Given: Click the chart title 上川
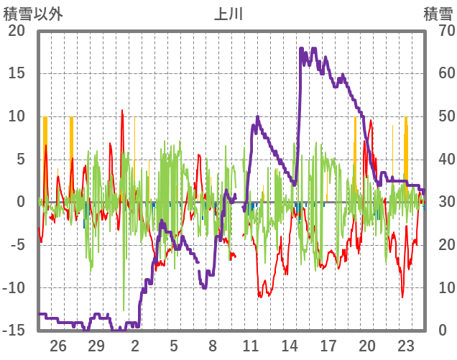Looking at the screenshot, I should coord(229,12).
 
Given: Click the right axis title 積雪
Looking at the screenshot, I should coord(438,12).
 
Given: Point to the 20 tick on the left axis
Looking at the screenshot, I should coord(16,31).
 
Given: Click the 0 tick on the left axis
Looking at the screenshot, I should coord(21,202).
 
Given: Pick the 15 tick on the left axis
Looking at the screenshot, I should coord(16,73).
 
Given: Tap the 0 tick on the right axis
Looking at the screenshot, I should coord(442,331).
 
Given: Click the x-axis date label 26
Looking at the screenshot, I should coord(57,345).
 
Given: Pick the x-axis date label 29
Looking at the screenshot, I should coord(96,345).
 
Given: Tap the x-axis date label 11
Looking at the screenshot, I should coord(251,345).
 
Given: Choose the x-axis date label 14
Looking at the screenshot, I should coord(290,345).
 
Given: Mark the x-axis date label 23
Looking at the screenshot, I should coord(405,345).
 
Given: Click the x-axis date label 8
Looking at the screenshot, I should coord(212,345).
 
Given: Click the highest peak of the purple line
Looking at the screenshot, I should coord(301,49).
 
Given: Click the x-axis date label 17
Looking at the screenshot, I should coord(328,345).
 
